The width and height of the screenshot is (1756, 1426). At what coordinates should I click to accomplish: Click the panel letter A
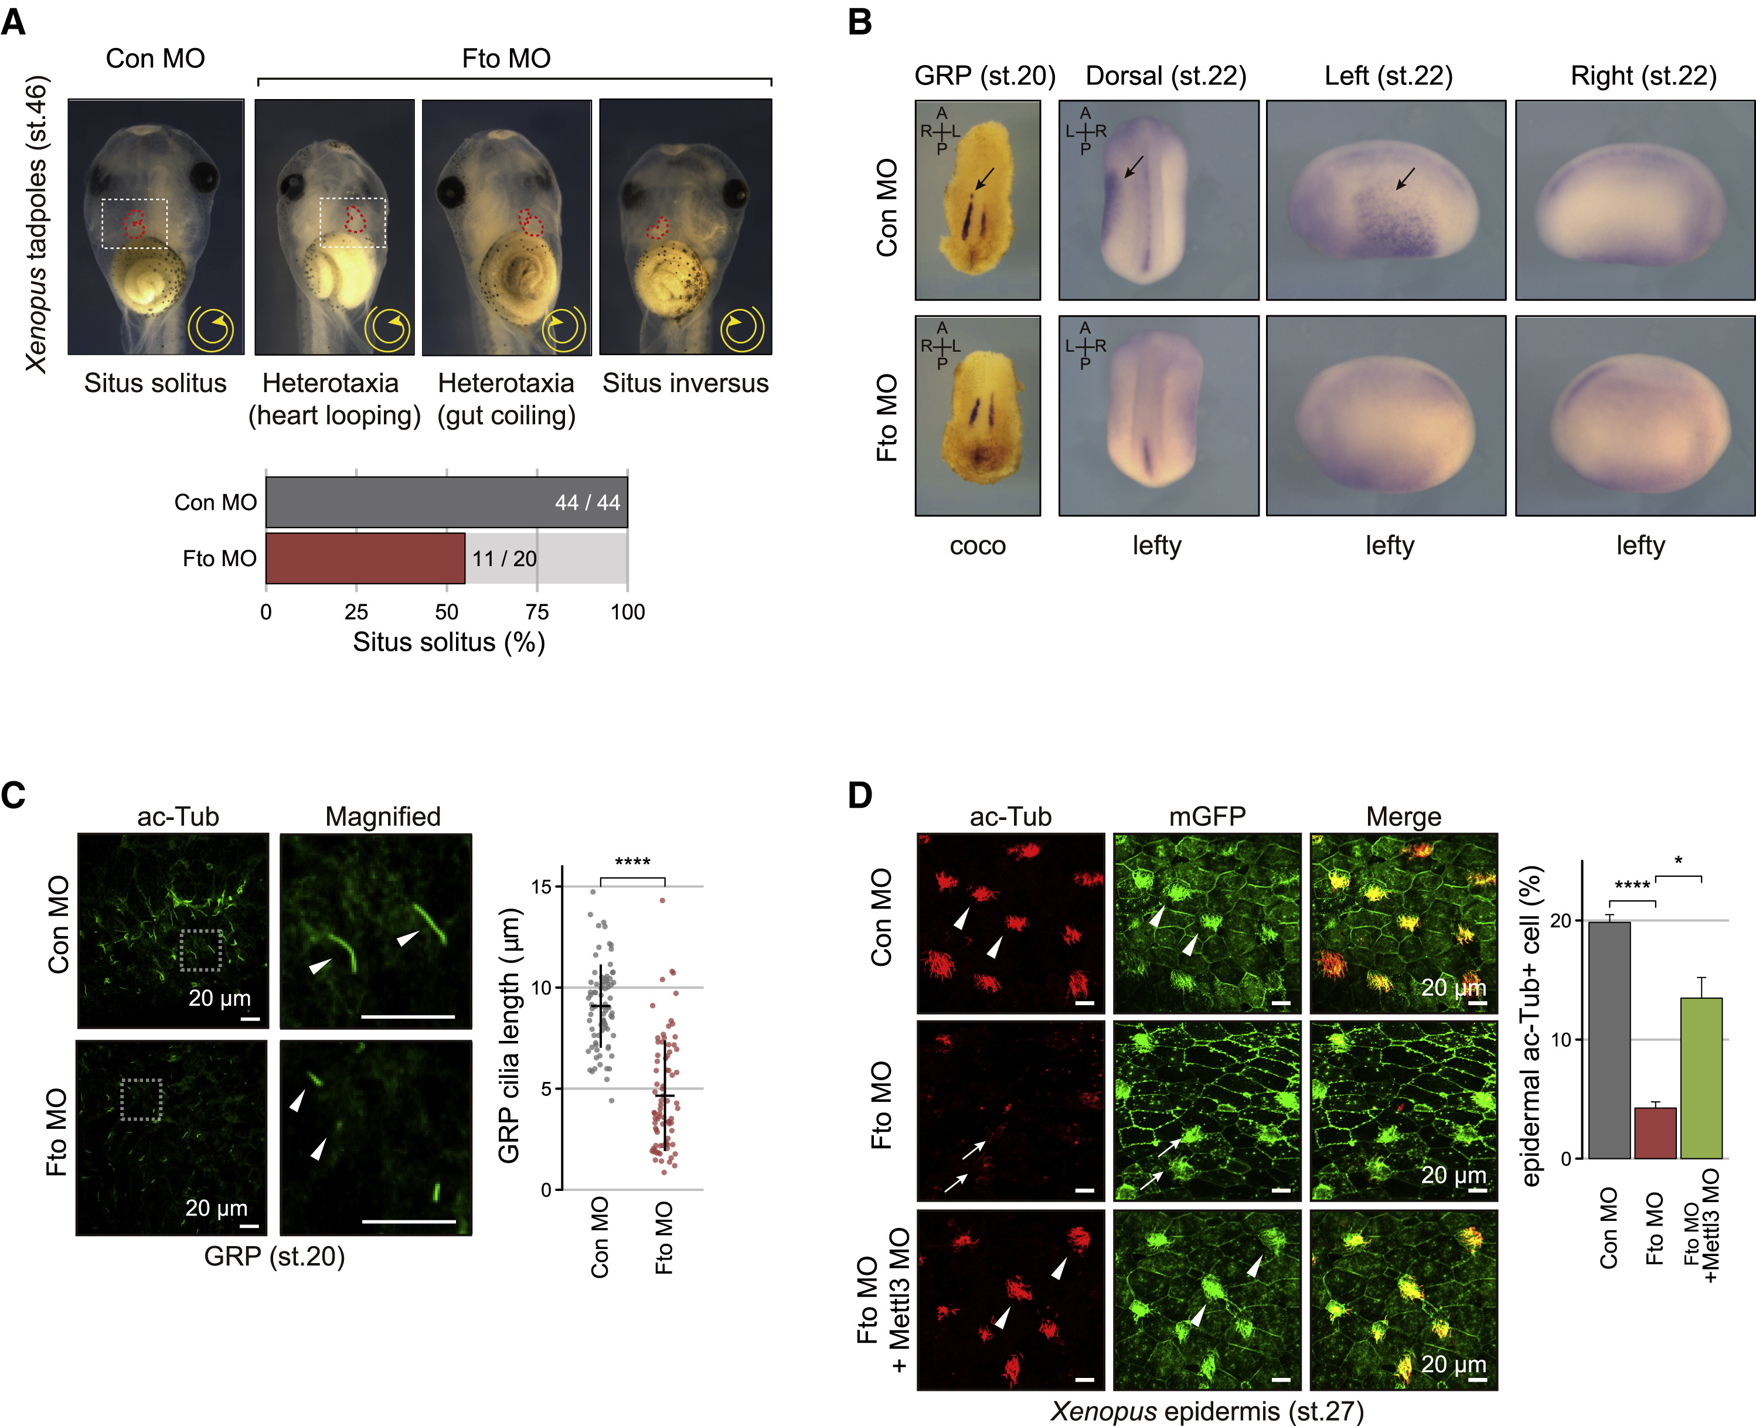pyautogui.click(x=14, y=22)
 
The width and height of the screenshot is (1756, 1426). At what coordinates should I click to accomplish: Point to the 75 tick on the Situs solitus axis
pyautogui.click(x=537, y=612)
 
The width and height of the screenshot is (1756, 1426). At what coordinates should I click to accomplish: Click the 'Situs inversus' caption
pyautogui.click(x=685, y=383)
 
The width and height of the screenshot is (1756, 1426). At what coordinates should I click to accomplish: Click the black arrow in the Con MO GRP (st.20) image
pyautogui.click(x=984, y=178)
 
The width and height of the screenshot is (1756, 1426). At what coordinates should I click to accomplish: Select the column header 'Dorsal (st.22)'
pyautogui.click(x=1165, y=76)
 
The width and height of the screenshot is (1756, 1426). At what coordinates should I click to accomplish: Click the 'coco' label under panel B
pyautogui.click(x=978, y=546)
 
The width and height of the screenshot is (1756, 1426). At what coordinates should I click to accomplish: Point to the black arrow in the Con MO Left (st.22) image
pyautogui.click(x=1406, y=178)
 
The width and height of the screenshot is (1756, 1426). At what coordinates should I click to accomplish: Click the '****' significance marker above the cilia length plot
pyautogui.click(x=632, y=862)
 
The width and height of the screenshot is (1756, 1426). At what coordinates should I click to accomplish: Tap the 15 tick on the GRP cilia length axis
pyautogui.click(x=540, y=886)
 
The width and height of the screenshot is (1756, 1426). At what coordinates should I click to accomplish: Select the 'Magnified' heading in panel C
pyautogui.click(x=383, y=816)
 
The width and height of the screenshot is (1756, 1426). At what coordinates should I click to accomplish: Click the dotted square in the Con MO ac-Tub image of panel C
pyautogui.click(x=201, y=951)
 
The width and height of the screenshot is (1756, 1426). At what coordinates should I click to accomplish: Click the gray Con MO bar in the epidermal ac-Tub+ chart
pyautogui.click(x=1609, y=1040)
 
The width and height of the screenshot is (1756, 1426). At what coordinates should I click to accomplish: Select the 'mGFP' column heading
pyautogui.click(x=1207, y=816)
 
